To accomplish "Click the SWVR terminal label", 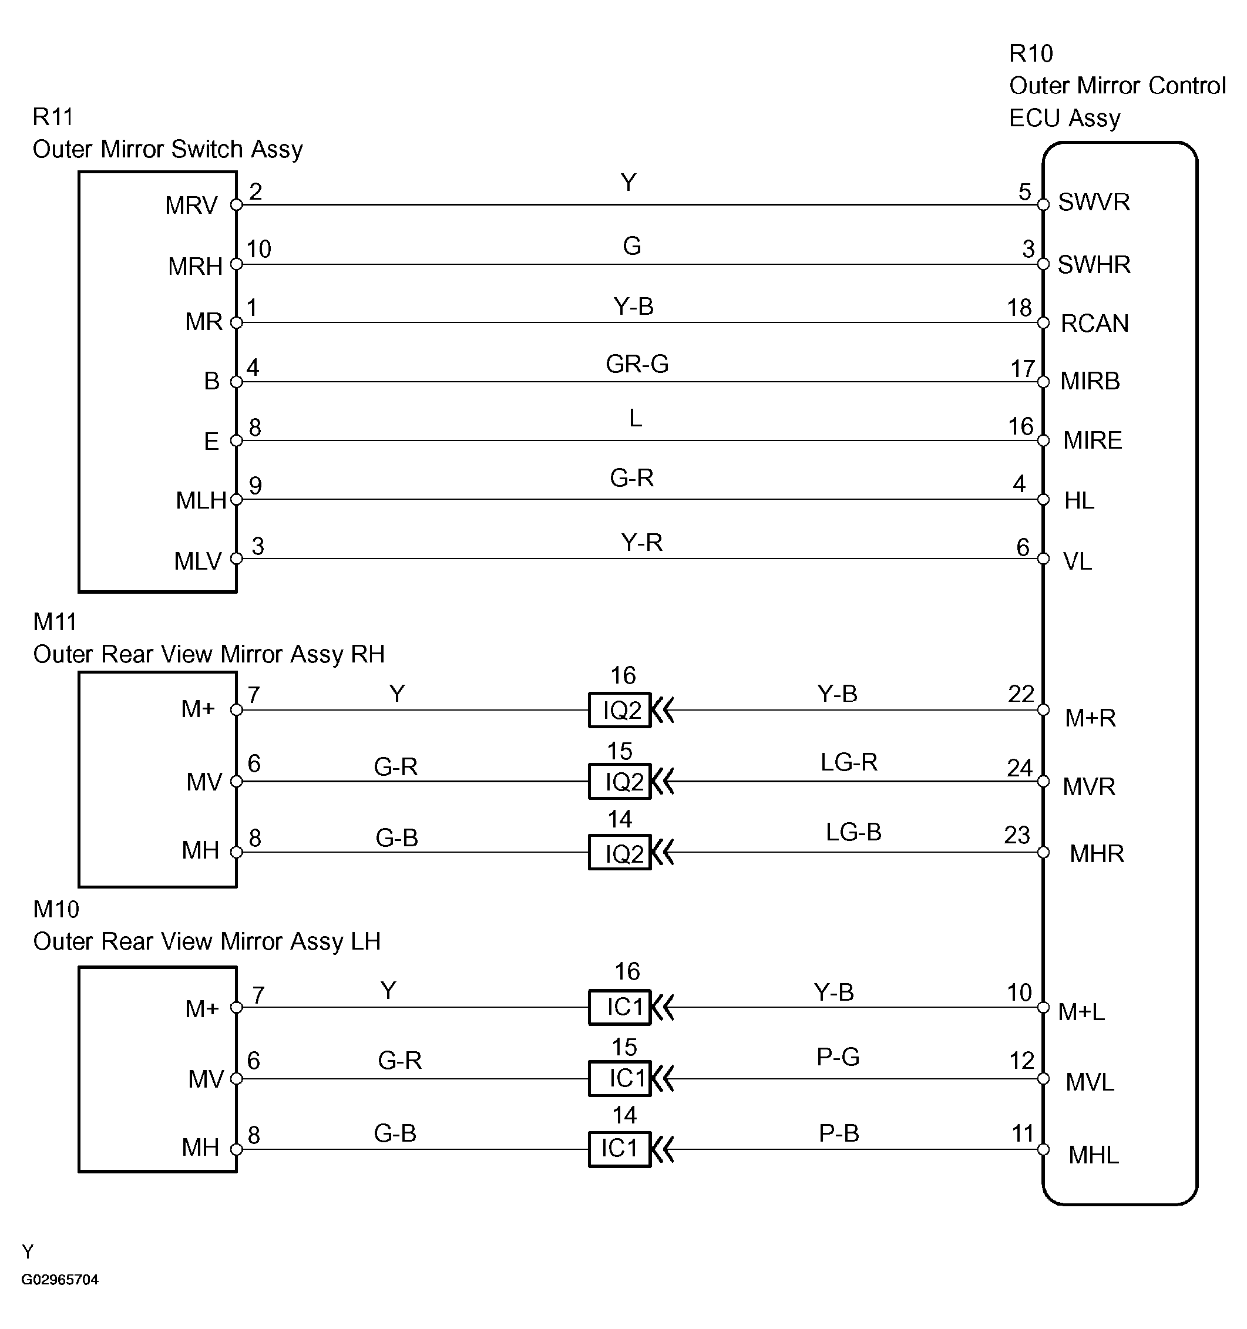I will [1094, 202].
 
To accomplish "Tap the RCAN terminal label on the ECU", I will [1094, 324].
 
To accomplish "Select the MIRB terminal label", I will [1090, 381].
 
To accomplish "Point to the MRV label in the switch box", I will [191, 205].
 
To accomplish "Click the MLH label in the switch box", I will [201, 500].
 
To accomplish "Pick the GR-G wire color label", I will [637, 364].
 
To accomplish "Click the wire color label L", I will [635, 419].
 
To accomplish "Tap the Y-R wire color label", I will [641, 542].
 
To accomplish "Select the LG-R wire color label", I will [849, 762].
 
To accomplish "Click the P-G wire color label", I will [838, 1057].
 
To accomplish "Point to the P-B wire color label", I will [838, 1133].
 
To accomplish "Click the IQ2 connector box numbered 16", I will [620, 710].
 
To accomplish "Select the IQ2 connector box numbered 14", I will [620, 853].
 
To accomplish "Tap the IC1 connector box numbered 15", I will [620, 1078].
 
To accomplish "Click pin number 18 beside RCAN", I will [1020, 308].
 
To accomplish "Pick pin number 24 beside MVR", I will [1020, 768].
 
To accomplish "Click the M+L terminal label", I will [1081, 1012].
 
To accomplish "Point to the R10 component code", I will [1030, 53].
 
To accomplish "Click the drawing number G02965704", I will [60, 1280].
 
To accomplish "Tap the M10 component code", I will [56, 909].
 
